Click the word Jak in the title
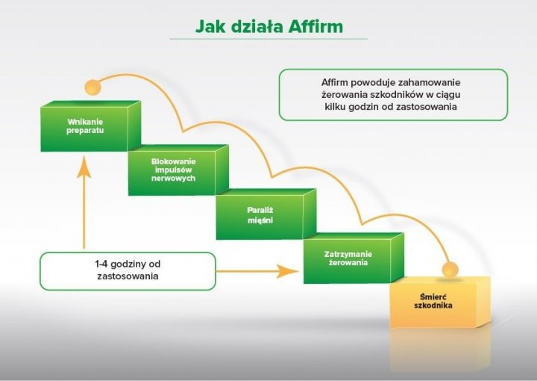click(210, 26)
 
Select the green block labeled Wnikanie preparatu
click(85, 127)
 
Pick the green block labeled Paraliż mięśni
click(260, 215)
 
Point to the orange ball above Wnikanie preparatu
click(92, 87)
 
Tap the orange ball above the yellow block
click(449, 269)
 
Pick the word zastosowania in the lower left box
click(128, 276)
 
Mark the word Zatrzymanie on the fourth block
click(348, 254)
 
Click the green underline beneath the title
click(268, 38)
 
